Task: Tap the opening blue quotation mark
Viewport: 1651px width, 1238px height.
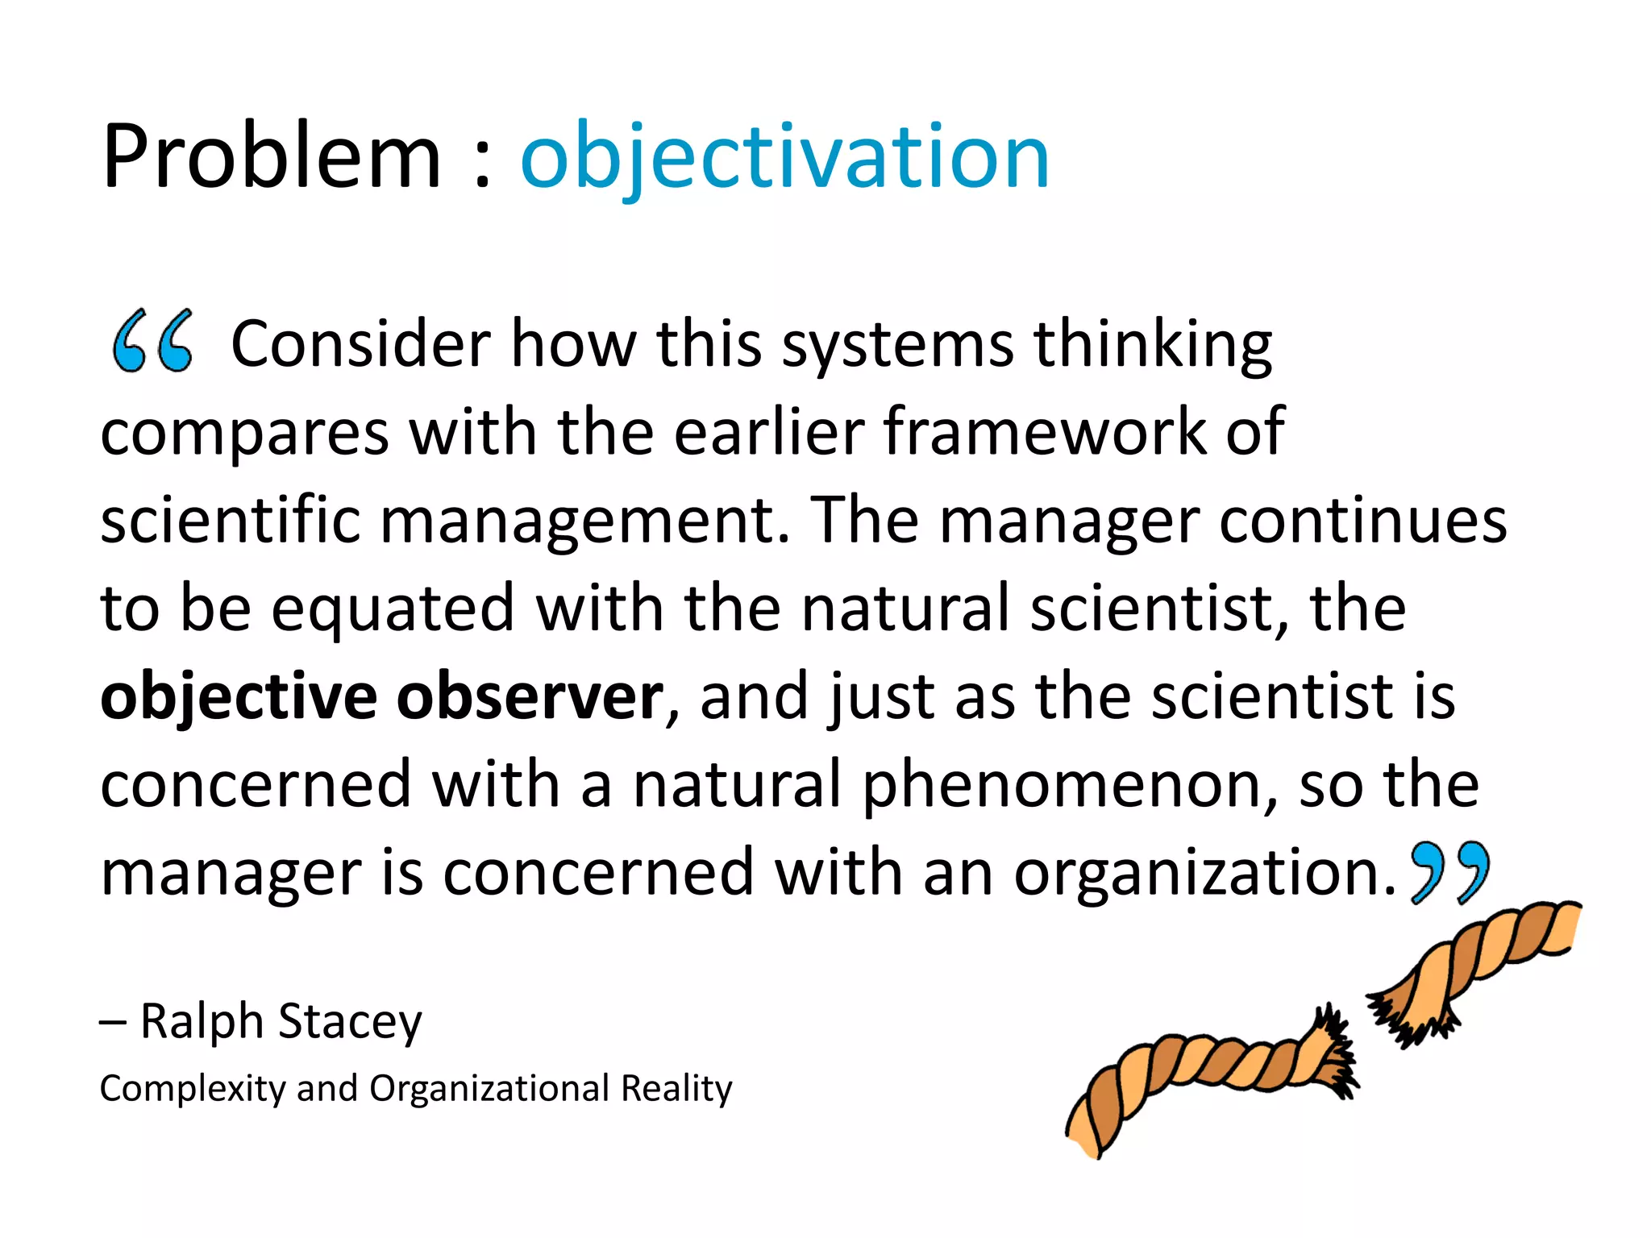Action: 152,341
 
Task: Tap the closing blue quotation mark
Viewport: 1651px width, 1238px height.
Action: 1449,872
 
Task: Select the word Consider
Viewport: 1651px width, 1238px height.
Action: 360,344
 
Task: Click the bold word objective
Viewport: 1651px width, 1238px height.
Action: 239,696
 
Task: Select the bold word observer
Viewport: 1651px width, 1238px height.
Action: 530,696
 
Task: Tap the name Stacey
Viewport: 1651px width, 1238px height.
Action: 350,1022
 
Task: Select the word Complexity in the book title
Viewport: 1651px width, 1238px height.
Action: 192,1089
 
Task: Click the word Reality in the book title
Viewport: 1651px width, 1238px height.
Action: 676,1089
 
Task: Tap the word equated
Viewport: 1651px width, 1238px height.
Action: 393,609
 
